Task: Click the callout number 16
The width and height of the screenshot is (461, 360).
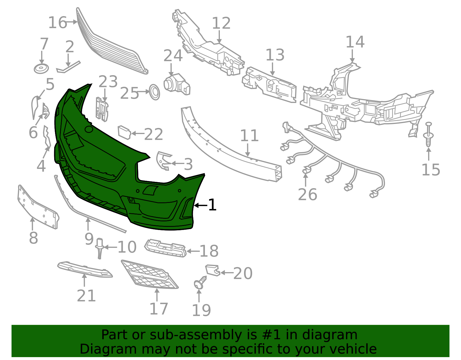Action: [x=58, y=22]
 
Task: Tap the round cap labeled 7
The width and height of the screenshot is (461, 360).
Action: [x=41, y=69]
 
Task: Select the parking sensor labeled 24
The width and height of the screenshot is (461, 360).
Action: [x=177, y=84]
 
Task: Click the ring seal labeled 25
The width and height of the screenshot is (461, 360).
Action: [x=154, y=92]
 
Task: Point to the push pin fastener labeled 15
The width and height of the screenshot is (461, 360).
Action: [x=428, y=135]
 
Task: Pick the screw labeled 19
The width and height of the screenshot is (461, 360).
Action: [x=200, y=282]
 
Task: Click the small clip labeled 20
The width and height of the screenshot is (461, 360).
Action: [x=213, y=270]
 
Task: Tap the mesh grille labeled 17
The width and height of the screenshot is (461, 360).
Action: [x=150, y=274]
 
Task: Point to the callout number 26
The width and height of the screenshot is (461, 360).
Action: [x=307, y=194]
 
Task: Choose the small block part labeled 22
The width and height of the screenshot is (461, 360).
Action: [x=124, y=133]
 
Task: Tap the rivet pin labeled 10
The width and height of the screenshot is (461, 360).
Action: [x=100, y=248]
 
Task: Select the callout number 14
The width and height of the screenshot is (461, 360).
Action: [x=355, y=42]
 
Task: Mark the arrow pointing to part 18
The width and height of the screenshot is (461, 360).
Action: [x=193, y=251]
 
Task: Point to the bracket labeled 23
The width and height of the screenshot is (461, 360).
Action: [x=102, y=109]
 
